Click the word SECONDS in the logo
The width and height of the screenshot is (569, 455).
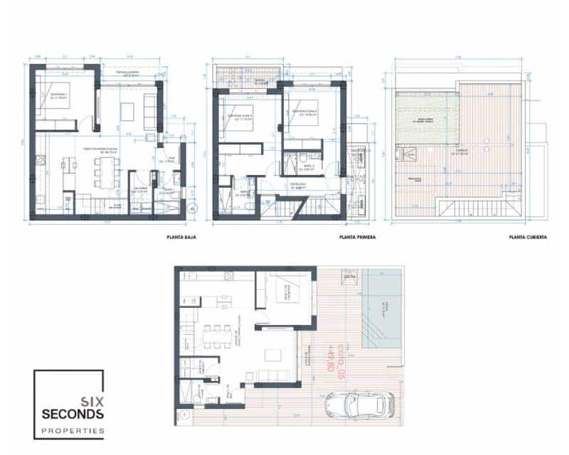click(73, 414)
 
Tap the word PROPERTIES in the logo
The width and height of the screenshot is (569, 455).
click(73, 431)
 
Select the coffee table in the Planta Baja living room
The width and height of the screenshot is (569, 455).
click(127, 112)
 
